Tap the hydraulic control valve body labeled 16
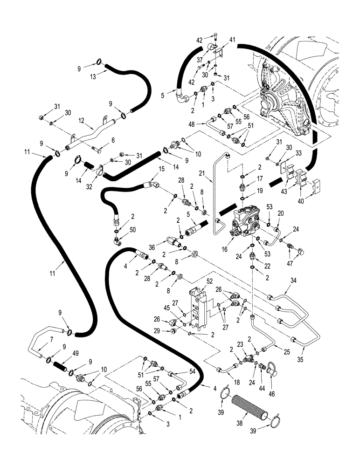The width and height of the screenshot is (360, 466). [244, 222]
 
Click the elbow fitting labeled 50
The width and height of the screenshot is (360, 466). [118, 241]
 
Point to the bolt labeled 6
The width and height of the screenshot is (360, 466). [99, 150]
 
